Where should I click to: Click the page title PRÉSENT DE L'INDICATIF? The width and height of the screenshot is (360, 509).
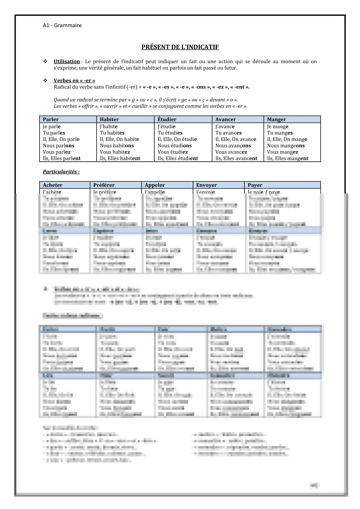(180, 47)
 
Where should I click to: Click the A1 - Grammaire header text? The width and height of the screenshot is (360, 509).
(62, 25)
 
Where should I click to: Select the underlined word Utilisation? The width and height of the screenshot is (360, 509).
(67, 61)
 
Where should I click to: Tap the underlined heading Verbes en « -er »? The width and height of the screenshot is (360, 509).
(74, 80)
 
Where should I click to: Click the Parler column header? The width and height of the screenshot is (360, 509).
(51, 119)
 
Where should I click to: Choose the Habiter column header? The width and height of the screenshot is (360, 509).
(109, 119)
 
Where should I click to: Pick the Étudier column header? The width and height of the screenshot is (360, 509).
(167, 119)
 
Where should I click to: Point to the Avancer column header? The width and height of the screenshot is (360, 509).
(225, 119)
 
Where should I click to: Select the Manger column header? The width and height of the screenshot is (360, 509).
(276, 119)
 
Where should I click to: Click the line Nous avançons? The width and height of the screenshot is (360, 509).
(233, 145)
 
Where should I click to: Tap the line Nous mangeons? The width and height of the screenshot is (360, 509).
(286, 145)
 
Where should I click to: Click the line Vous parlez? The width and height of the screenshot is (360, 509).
(57, 152)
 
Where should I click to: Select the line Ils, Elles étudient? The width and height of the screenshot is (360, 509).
(178, 158)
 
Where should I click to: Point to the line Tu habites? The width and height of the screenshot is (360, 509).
(112, 133)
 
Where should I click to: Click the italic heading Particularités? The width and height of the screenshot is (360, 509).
(61, 172)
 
